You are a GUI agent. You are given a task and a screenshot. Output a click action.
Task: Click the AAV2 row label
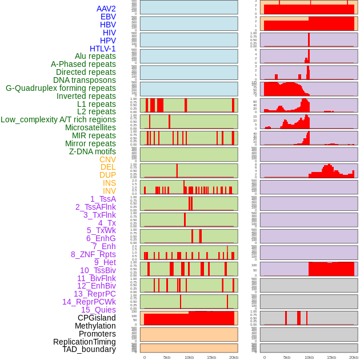point(106,9)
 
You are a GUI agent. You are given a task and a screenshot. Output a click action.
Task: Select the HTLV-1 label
point(102,49)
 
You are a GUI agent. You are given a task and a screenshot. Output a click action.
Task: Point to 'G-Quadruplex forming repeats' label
point(61,88)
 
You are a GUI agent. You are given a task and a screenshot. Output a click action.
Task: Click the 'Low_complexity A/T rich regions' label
point(58,119)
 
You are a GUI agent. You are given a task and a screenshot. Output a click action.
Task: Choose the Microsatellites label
point(90,127)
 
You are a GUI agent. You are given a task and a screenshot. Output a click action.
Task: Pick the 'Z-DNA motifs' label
point(92,151)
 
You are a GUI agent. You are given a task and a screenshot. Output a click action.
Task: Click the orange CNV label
point(107,159)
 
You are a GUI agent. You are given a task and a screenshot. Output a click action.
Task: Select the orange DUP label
point(107,175)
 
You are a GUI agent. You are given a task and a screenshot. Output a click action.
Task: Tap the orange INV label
point(109,191)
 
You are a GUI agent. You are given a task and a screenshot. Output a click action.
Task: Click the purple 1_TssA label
point(103,199)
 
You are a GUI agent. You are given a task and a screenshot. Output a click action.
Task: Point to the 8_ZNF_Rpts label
point(93,254)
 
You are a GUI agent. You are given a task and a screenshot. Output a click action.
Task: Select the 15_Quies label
point(98,310)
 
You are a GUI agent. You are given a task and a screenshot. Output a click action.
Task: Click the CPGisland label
point(97,318)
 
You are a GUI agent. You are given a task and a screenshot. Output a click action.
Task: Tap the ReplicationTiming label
point(84,342)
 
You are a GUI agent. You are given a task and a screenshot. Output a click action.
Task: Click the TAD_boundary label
point(89,349)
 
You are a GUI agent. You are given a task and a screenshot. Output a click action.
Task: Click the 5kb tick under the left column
point(167,357)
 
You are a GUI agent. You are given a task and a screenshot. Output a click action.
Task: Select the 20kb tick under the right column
point(354,357)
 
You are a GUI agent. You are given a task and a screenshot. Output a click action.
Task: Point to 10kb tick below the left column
point(189,357)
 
